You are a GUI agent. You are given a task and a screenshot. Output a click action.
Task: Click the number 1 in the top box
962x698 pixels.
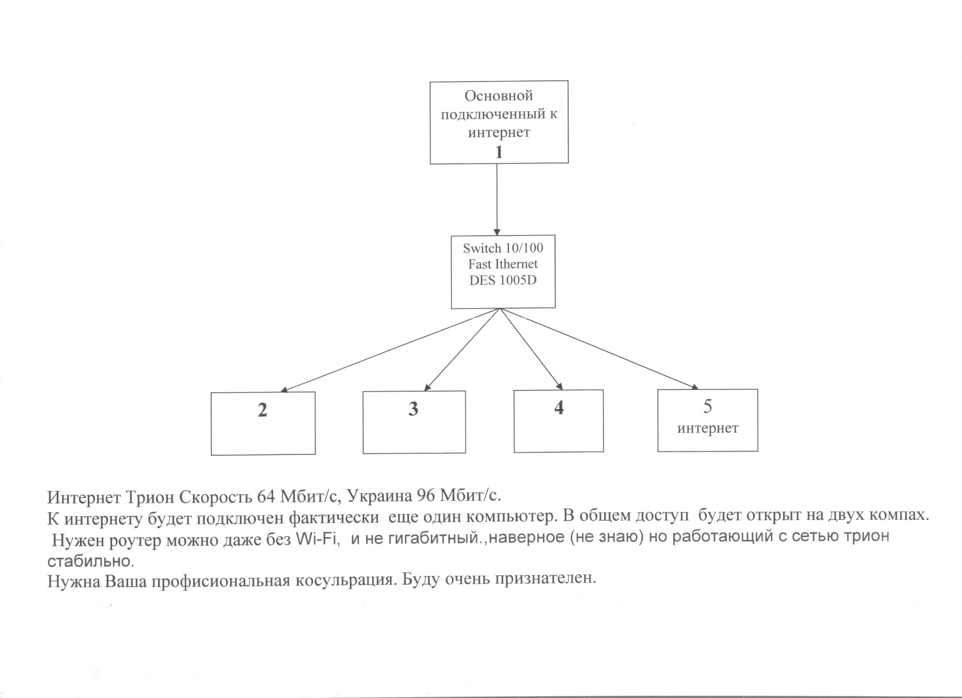click(499, 152)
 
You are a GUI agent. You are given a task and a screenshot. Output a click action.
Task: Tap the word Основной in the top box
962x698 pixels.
click(498, 96)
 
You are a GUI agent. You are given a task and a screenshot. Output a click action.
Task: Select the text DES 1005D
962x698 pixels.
click(503, 280)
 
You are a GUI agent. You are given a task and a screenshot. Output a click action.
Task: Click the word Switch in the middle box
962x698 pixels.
click(479, 248)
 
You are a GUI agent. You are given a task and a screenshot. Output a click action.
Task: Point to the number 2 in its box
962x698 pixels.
click(263, 410)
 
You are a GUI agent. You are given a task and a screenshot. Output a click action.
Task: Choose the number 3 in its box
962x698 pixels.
click(413, 409)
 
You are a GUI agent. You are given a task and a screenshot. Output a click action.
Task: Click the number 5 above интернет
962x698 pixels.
click(707, 406)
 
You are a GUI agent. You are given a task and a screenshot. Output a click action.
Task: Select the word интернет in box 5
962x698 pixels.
click(707, 428)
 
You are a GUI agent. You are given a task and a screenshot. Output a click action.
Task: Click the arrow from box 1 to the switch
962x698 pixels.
click(497, 200)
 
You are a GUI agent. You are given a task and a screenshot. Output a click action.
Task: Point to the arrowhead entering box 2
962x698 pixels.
click(285, 390)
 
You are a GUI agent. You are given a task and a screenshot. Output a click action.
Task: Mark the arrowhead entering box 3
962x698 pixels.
click(427, 386)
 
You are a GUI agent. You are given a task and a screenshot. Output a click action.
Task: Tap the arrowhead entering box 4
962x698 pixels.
click(560, 386)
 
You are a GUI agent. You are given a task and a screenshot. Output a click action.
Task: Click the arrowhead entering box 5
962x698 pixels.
click(694, 386)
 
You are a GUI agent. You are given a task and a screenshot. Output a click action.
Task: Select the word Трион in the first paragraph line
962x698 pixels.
click(150, 497)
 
